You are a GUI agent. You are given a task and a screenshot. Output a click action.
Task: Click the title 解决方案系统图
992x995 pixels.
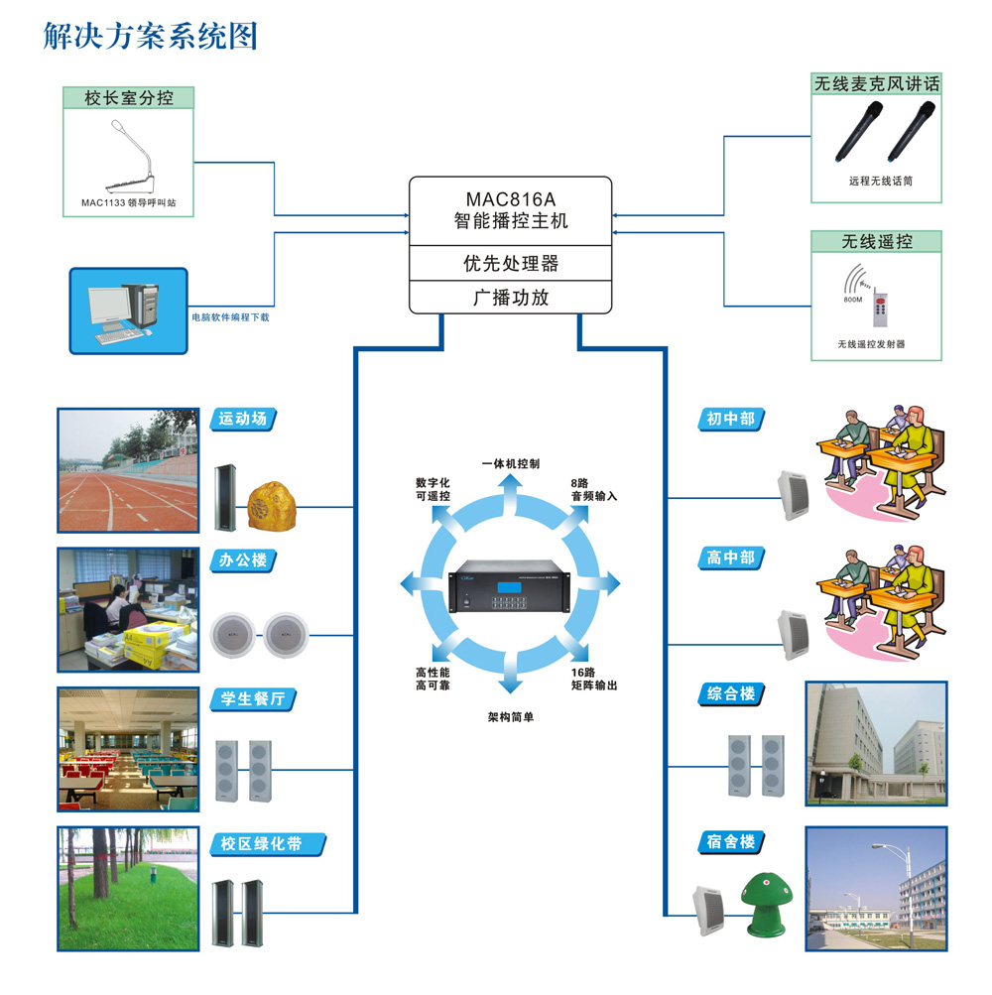(x=151, y=36)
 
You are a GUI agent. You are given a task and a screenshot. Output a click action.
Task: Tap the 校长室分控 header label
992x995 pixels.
(x=129, y=97)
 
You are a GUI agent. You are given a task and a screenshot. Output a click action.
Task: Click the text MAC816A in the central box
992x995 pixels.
(x=511, y=196)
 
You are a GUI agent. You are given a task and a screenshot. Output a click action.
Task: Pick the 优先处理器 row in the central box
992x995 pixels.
(x=511, y=263)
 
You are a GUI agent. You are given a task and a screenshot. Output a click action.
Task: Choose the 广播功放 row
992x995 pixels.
(x=511, y=296)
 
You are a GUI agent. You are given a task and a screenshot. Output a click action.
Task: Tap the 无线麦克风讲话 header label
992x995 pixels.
(x=876, y=83)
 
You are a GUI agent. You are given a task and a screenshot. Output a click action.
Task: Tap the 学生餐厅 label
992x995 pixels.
(x=251, y=698)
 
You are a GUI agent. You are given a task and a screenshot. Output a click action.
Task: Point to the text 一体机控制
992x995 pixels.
(x=511, y=463)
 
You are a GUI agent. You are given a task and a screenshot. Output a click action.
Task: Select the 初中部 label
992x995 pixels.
(x=730, y=419)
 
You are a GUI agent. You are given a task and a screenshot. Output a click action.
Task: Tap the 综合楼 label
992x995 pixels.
(x=730, y=693)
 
